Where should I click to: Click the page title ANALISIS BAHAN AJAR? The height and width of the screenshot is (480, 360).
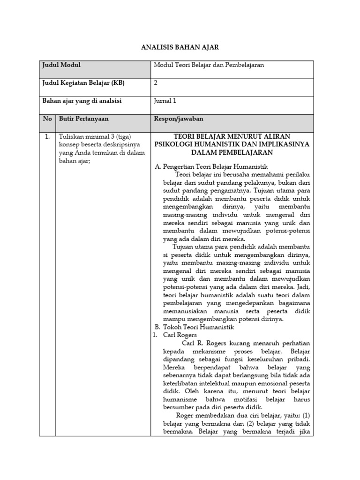[x=180, y=47]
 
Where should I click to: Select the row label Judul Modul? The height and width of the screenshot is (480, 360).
[x=61, y=65]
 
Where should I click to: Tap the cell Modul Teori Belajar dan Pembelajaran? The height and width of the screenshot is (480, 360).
[x=209, y=65]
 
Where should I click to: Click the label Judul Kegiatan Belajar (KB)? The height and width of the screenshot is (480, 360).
[x=84, y=83]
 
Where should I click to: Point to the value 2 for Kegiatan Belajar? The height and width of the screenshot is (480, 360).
[x=156, y=83]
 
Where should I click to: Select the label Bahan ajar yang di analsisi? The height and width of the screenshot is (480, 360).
[x=85, y=101]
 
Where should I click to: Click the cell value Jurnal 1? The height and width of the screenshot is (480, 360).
[x=165, y=101]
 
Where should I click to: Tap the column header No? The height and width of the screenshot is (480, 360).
[x=47, y=119]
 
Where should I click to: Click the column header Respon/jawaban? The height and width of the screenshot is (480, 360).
[x=178, y=119]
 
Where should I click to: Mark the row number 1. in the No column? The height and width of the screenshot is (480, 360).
[x=47, y=137]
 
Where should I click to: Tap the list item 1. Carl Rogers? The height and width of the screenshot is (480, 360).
[x=174, y=335]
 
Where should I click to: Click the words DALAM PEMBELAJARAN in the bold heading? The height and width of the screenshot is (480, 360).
[x=232, y=152]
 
